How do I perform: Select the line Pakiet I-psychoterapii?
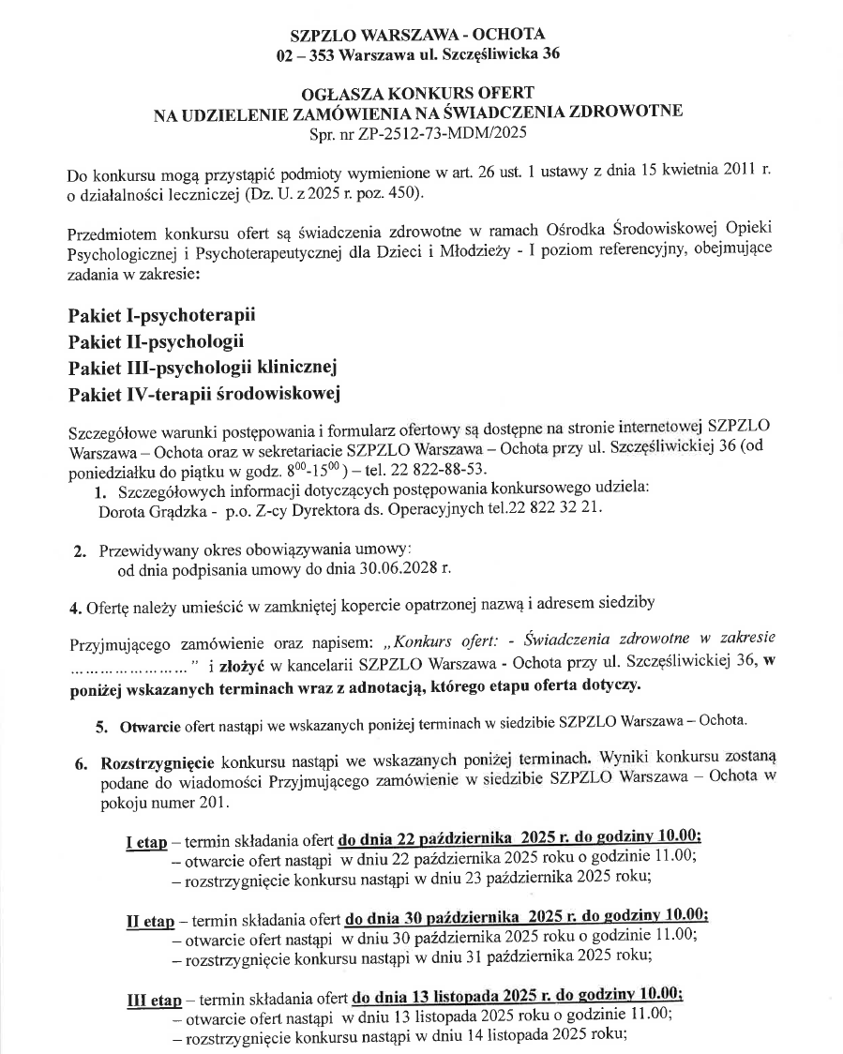[x=162, y=313]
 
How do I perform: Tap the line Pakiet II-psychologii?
[x=157, y=339]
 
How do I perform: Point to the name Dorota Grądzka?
[x=145, y=509]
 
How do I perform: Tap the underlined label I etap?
[x=146, y=842]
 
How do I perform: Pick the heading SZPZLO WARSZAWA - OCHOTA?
[x=417, y=35]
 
